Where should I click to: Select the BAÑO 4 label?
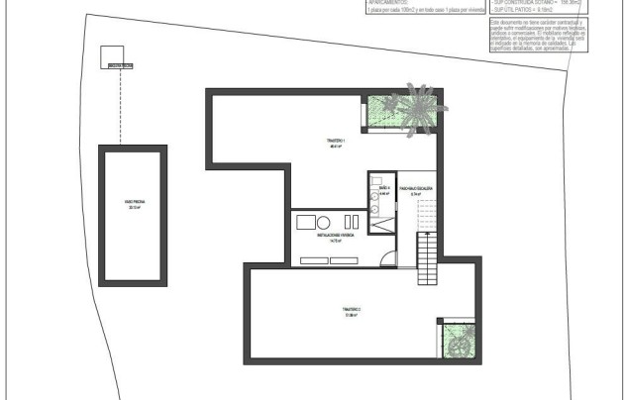385,189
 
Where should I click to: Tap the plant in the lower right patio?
458,344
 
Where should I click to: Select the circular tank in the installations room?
324,222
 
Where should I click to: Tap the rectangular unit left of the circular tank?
306,222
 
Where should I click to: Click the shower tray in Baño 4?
380,224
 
